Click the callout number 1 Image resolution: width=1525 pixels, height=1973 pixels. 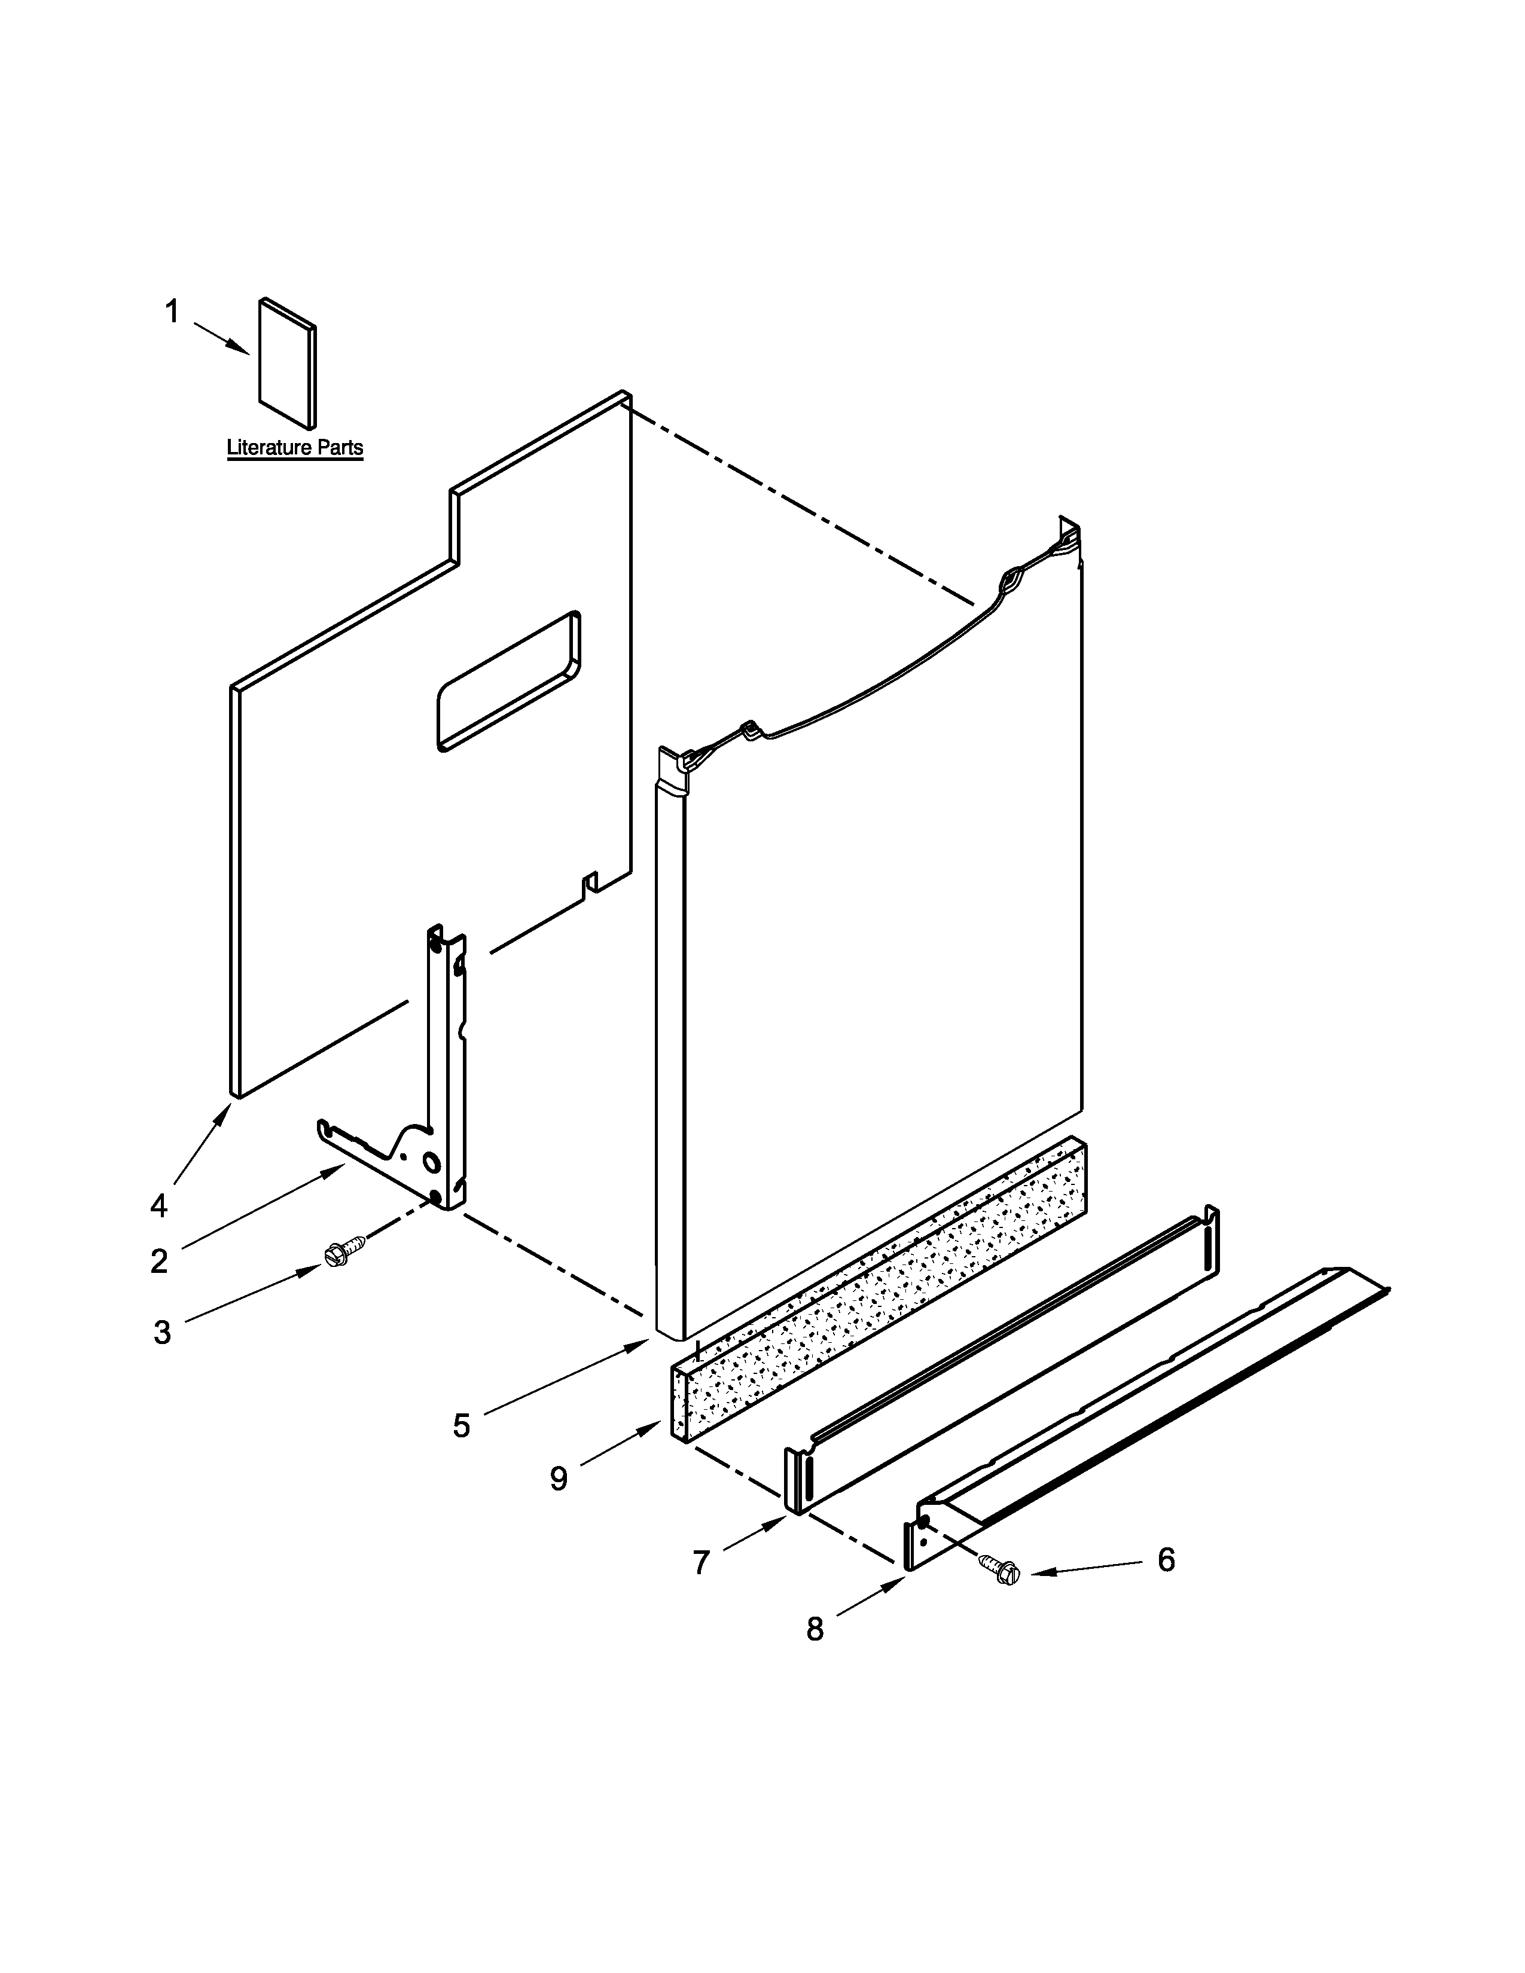tap(172, 313)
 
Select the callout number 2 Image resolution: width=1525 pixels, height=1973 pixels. tap(159, 1261)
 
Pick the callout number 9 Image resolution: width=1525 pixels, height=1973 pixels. tap(559, 1479)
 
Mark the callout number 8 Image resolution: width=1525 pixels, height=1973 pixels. tap(815, 1629)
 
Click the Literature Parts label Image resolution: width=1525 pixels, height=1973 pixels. tap(294, 447)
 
